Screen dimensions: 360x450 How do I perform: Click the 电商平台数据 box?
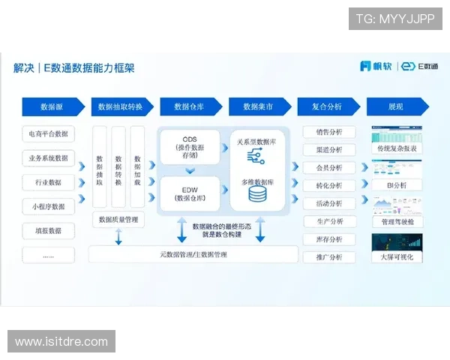49,134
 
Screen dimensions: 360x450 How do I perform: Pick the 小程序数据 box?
49,206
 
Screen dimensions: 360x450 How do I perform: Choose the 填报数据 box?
49,230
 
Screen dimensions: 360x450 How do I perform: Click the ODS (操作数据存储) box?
190,147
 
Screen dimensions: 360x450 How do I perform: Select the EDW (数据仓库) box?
190,193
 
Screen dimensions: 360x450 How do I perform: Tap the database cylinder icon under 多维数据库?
258,194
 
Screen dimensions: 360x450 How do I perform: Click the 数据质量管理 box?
118,220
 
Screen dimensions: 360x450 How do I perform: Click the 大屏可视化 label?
397,257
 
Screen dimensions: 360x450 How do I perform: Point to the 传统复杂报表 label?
397,149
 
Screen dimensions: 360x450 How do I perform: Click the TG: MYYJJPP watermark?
395,19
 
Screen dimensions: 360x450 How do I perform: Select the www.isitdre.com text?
62,342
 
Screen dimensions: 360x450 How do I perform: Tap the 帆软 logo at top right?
376,66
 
